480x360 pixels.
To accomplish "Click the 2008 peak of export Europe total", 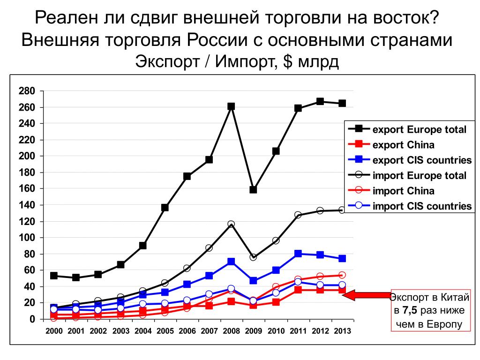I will point(231,106).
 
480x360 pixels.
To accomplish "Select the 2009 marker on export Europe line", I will point(253,190).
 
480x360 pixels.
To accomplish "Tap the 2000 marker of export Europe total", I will point(54,276).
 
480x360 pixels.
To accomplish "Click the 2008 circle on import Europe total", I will point(231,225).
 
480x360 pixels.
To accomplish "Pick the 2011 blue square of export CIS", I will point(298,254).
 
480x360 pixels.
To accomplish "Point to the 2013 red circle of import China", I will point(342,275).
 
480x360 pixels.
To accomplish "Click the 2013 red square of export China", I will point(342,290).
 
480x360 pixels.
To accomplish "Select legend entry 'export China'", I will point(403,145).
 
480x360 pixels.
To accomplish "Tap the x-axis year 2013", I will point(341,331).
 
